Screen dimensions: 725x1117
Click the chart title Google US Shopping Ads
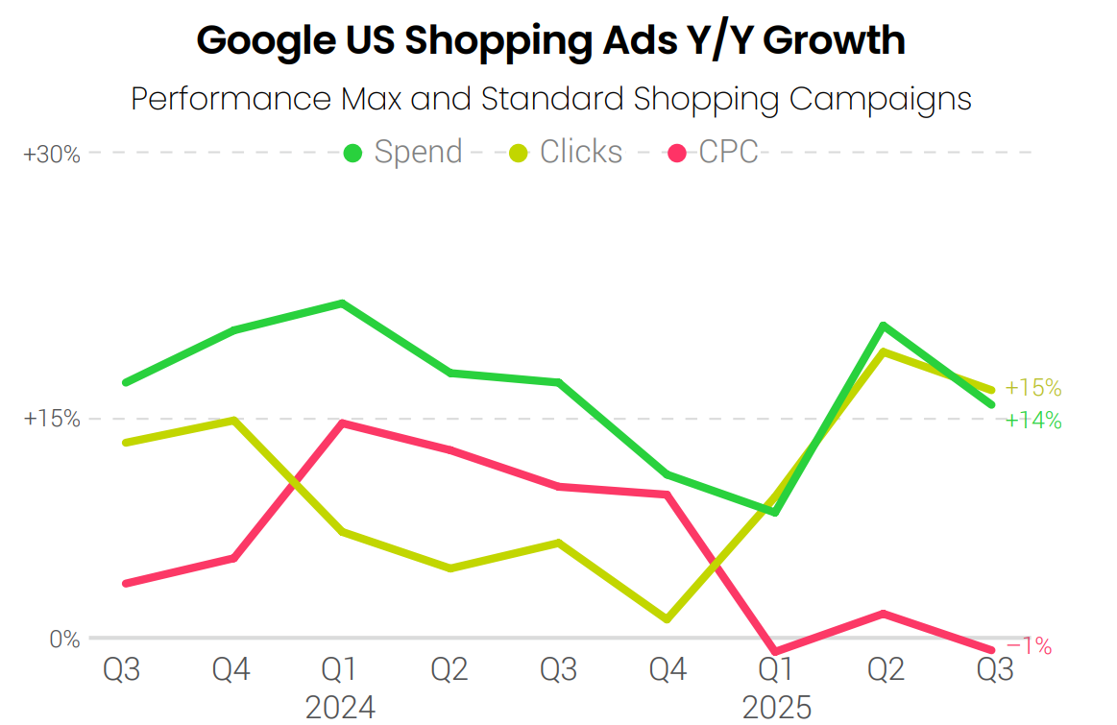(x=550, y=41)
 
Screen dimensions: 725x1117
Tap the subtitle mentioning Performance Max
(x=550, y=99)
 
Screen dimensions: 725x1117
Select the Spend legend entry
(x=404, y=152)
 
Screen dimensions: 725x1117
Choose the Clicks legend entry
(x=567, y=152)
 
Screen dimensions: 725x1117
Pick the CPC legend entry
(x=715, y=152)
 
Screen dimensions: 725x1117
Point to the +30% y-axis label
(x=52, y=154)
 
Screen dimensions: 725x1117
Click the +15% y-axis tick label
(x=52, y=420)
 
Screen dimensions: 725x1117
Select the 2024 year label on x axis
(x=340, y=708)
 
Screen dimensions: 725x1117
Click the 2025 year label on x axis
(x=777, y=708)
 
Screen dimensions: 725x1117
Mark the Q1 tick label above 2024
(x=340, y=669)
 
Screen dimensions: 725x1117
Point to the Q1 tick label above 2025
(x=776, y=669)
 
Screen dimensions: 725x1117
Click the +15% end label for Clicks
(x=1033, y=389)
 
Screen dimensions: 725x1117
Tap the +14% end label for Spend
(x=1033, y=421)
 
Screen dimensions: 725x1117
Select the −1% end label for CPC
(x=1030, y=647)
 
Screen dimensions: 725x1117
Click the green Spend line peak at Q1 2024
(x=342, y=303)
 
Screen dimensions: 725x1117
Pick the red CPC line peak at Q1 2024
(x=342, y=423)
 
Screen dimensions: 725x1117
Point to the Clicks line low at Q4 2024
(x=667, y=619)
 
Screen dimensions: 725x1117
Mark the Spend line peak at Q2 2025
(x=883, y=326)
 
